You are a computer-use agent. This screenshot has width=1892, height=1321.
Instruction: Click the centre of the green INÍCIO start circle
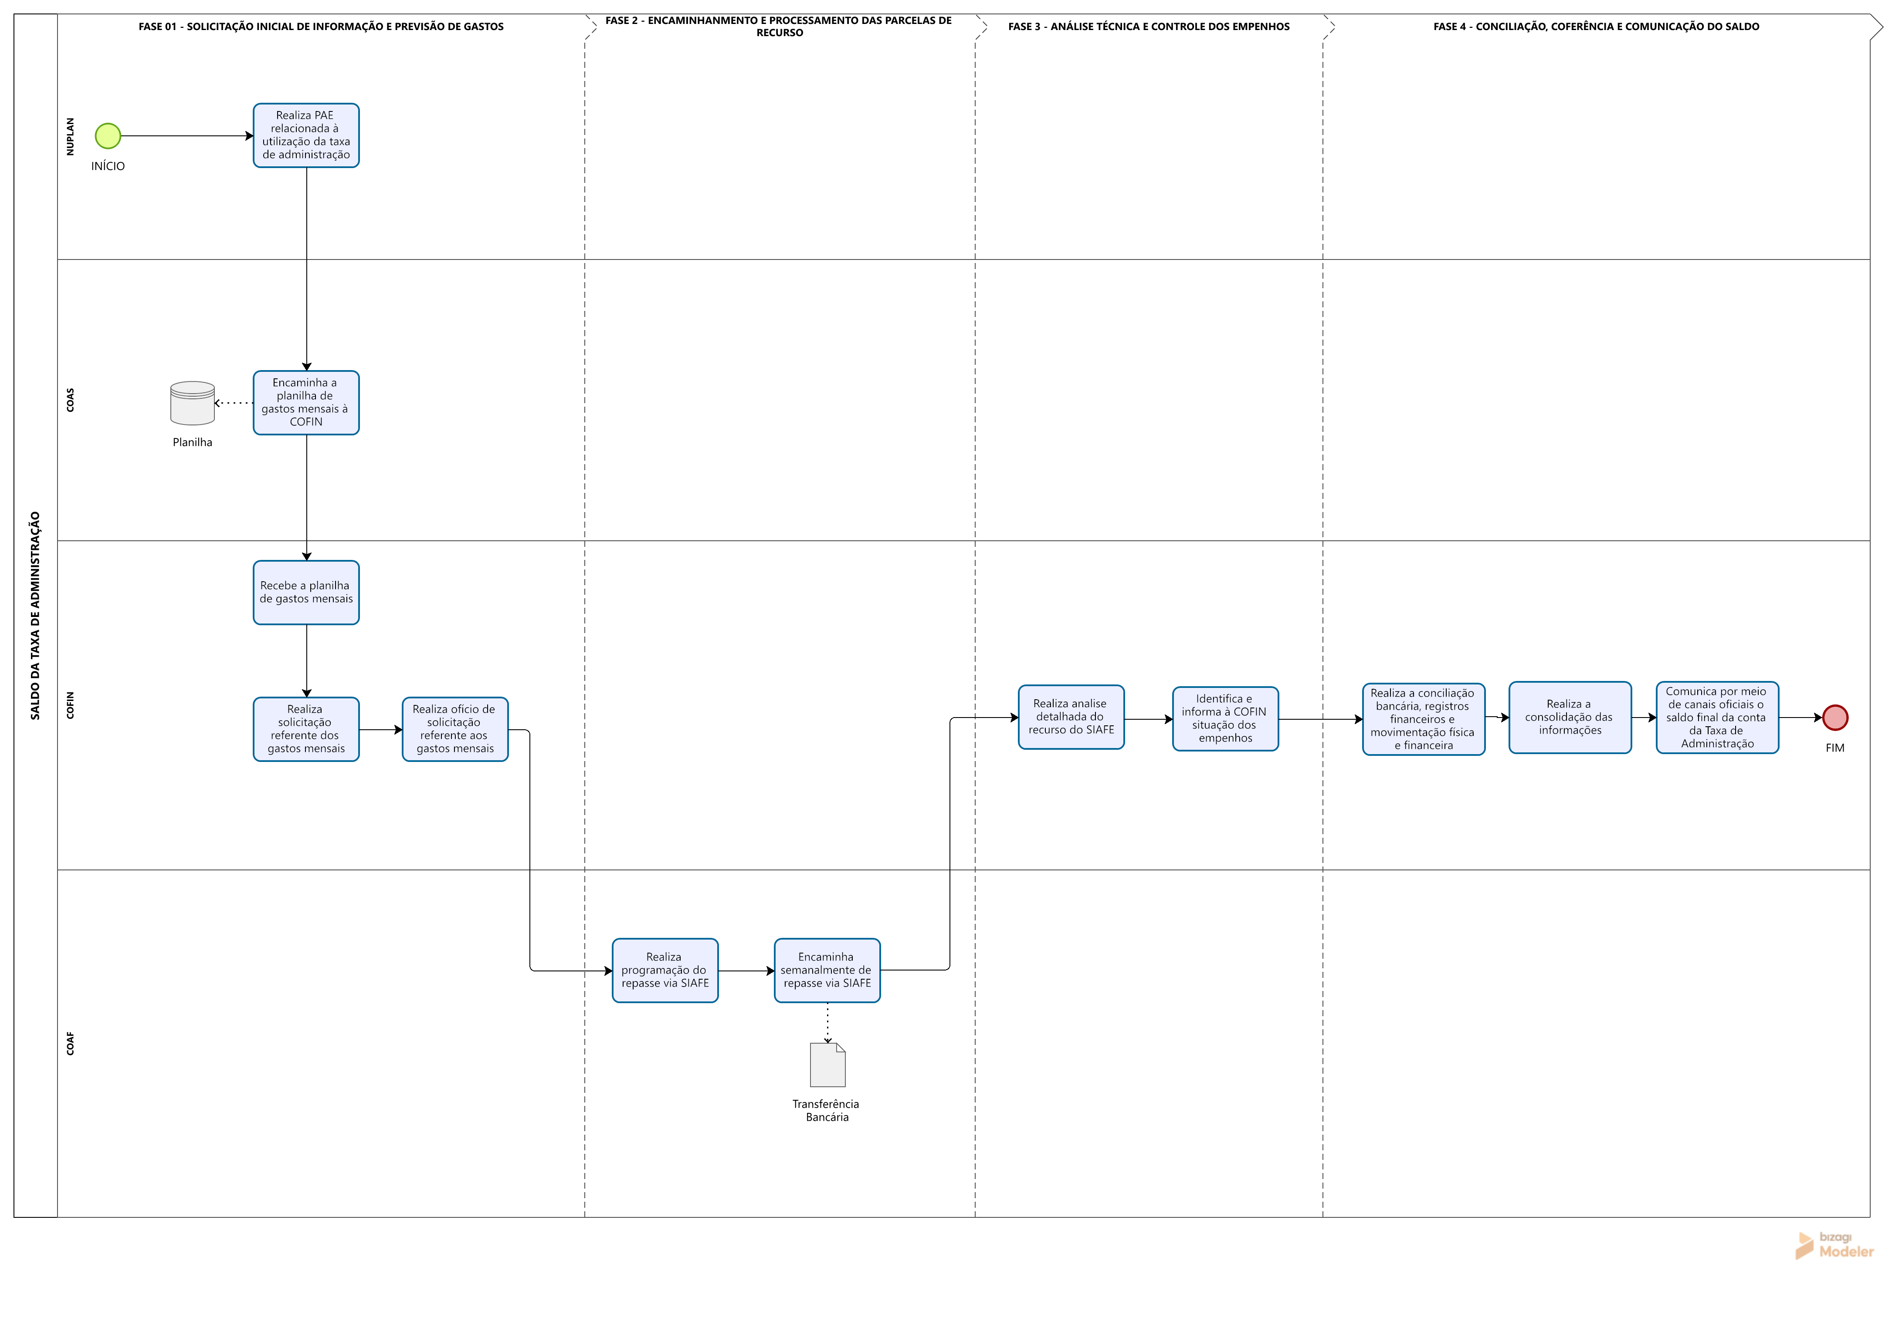108,136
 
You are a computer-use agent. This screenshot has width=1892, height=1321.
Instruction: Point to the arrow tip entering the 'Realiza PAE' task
254,136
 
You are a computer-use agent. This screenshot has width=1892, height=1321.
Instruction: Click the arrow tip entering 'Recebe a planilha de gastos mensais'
306,561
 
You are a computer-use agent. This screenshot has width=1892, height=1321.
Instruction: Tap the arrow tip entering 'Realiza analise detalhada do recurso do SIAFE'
1019,718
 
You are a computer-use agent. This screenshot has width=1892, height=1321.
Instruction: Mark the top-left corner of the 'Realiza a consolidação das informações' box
1510,682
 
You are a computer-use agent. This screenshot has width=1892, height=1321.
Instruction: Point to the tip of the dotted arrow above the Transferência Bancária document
828,1044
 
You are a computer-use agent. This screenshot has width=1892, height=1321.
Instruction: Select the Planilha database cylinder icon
193,403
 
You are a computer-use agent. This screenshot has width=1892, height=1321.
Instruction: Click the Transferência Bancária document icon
828,1065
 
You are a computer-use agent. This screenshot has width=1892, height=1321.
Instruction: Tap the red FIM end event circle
1835,718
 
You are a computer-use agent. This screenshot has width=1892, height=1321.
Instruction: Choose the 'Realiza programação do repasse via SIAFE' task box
665,970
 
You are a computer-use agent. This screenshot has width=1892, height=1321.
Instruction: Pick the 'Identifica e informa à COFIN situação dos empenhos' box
1225,718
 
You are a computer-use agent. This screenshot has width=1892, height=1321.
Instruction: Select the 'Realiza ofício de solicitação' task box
455,729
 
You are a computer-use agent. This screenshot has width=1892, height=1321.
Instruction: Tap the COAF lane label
70,1044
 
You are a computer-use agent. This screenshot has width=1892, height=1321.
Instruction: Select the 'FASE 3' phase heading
1149,27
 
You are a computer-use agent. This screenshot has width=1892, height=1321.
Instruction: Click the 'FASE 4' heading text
1596,27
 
